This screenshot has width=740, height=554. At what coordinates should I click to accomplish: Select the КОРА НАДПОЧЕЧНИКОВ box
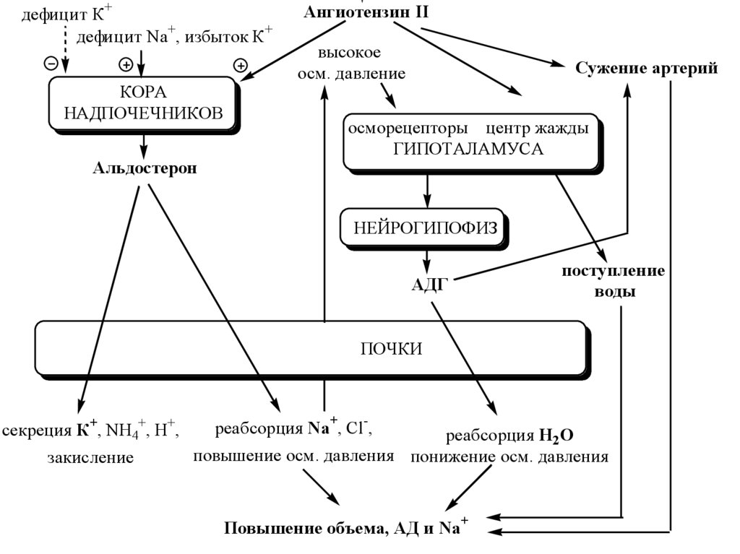point(142,103)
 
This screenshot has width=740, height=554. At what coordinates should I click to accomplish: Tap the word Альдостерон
point(145,168)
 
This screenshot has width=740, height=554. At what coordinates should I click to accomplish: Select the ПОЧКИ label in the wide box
point(391,349)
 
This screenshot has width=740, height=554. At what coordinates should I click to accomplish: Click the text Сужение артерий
point(647,69)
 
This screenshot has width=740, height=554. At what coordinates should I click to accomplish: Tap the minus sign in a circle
point(51,63)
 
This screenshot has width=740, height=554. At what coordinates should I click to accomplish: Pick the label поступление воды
point(614,282)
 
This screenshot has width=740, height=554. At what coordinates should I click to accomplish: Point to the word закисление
point(91,457)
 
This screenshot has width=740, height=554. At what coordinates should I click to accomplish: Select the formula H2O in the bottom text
point(556,436)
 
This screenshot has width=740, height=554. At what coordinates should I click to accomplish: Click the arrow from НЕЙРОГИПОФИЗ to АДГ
point(428,258)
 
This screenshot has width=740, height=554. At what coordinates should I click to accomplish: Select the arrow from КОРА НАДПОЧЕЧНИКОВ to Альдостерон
point(143,145)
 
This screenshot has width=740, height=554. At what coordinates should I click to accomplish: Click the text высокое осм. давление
point(351,64)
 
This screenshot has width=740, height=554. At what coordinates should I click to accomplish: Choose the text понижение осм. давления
point(509,456)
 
